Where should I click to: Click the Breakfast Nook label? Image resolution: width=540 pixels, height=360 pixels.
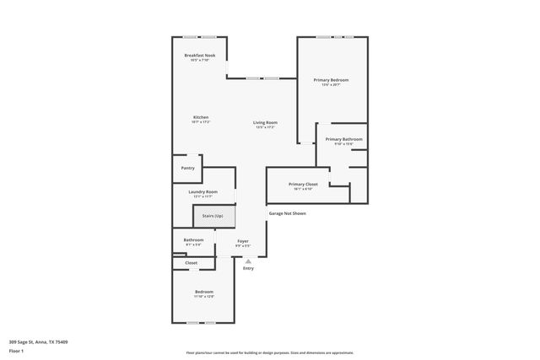coord(200,56)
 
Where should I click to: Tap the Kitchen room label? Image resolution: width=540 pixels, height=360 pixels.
coord(200,117)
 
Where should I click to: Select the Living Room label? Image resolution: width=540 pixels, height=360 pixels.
coord(265,122)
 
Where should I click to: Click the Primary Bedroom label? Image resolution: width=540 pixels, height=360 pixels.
coord(331,79)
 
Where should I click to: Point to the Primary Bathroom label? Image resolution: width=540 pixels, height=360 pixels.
coord(343,138)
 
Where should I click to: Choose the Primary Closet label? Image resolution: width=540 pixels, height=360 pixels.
coord(303,184)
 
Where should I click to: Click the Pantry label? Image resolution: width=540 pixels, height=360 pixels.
coord(187,168)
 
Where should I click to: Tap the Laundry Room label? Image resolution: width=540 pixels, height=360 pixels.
coord(202,191)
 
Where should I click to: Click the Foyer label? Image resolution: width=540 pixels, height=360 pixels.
coord(242,240)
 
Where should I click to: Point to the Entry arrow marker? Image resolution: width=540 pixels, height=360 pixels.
coord(248,261)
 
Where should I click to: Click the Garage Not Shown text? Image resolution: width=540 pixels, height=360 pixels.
coord(287,213)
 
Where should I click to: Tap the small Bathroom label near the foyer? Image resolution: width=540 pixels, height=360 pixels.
coord(193,239)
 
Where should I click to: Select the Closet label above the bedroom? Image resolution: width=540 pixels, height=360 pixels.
coord(191,263)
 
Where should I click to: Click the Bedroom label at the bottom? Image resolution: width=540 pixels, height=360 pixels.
coord(204,292)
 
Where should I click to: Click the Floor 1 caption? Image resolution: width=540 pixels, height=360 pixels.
coord(17,351)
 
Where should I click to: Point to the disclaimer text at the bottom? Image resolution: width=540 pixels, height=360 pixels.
coord(269,352)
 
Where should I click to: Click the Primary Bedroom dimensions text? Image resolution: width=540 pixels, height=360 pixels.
coord(331,84)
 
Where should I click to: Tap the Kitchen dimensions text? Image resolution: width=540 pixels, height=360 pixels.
coord(200,122)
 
